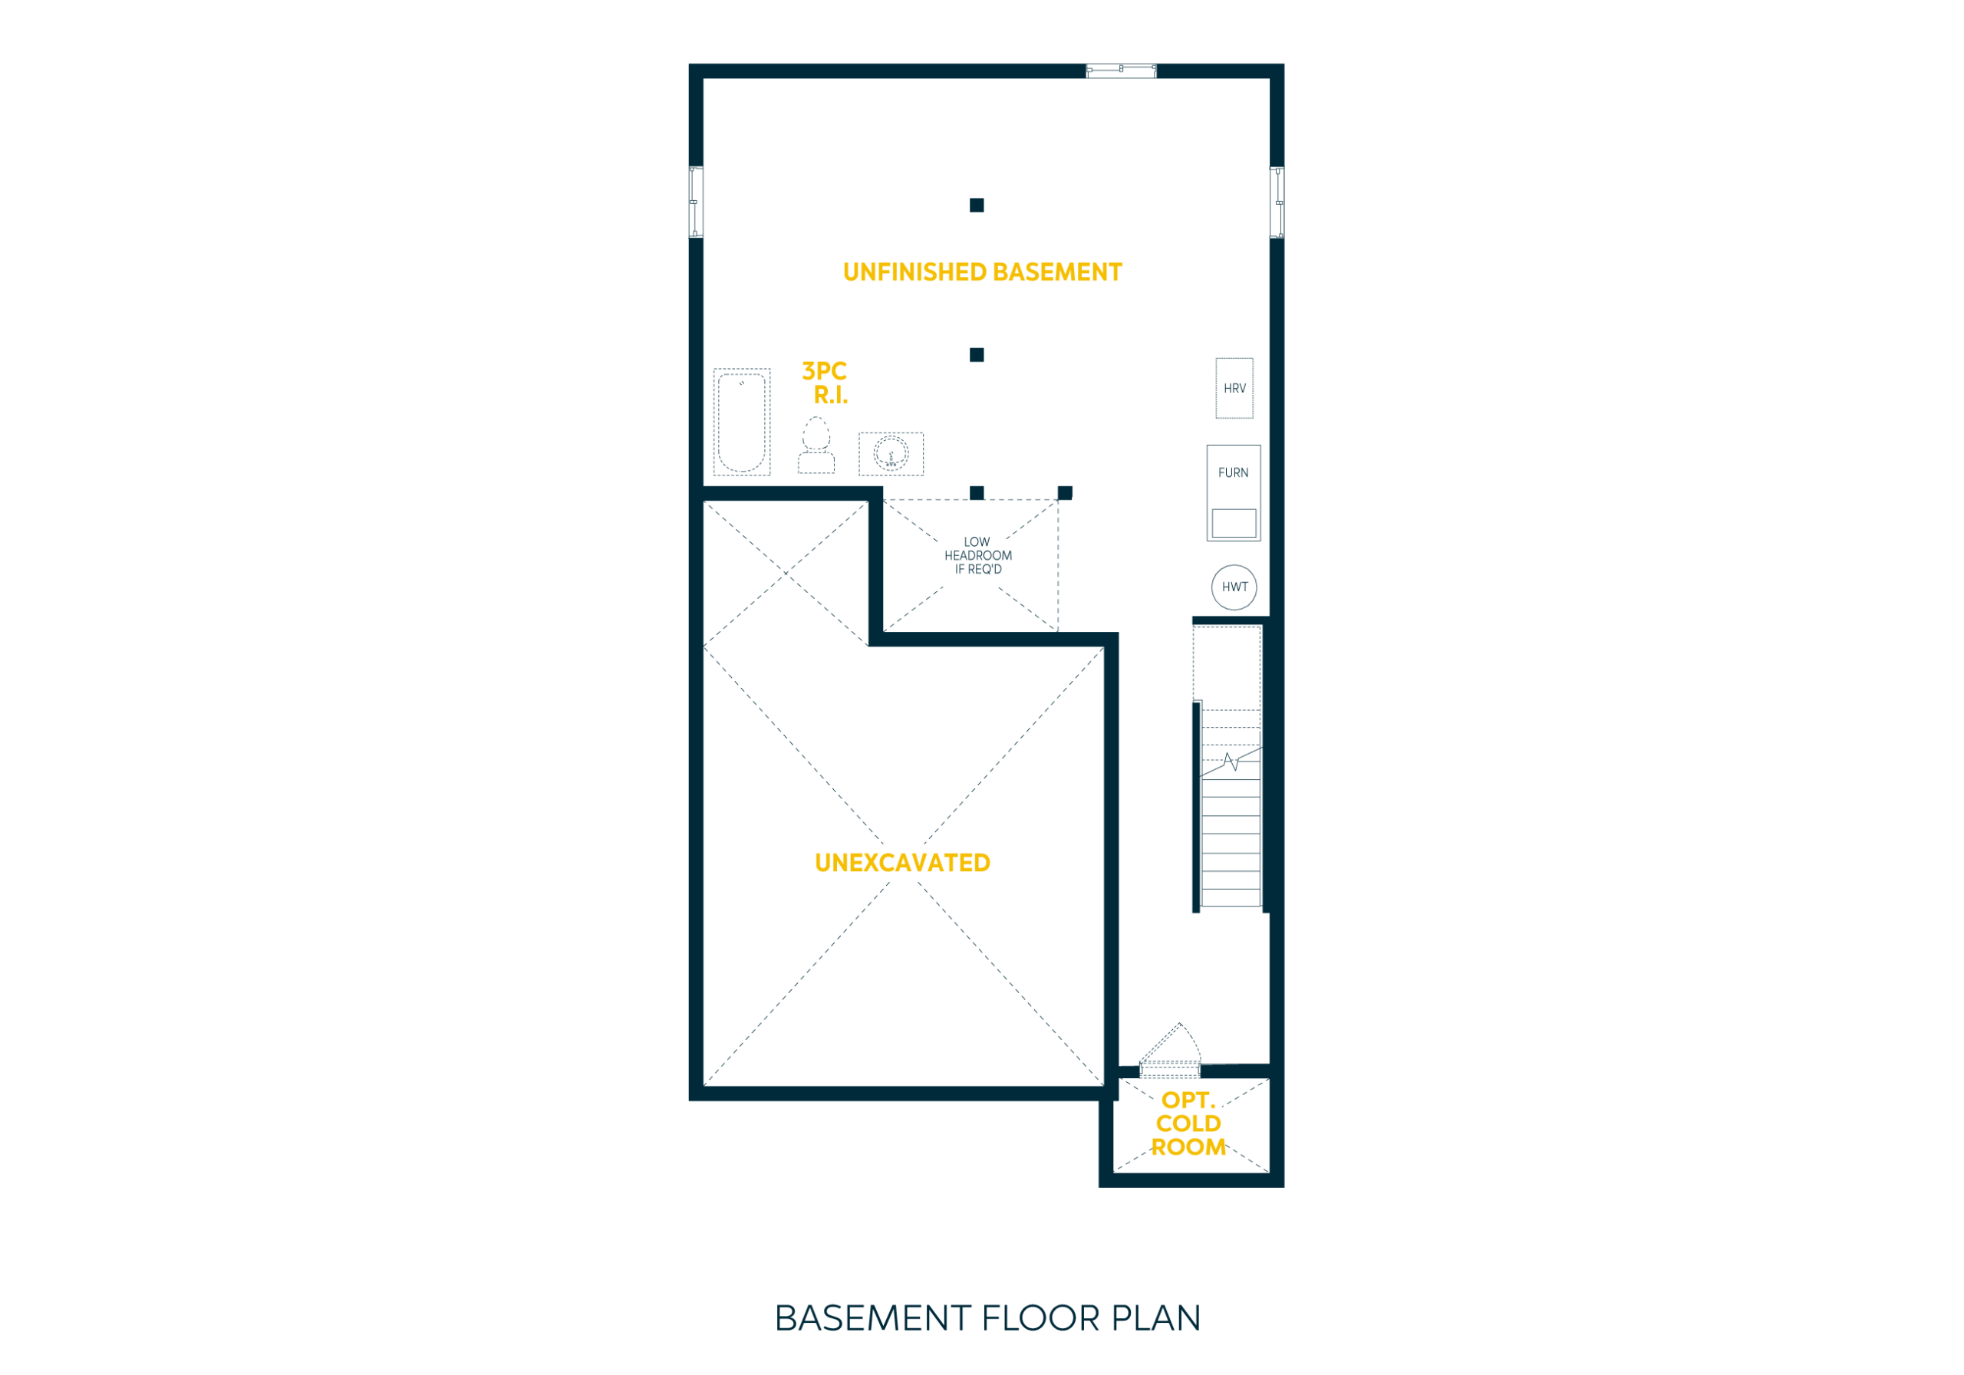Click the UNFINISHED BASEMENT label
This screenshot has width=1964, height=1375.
[x=982, y=272]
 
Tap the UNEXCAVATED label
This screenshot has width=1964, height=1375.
[x=902, y=863]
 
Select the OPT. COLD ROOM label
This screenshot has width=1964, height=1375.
[x=1189, y=1123]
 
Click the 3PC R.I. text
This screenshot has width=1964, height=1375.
[x=825, y=383]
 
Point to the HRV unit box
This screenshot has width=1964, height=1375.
[x=1234, y=388]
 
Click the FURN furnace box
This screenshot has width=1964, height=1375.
[x=1234, y=492]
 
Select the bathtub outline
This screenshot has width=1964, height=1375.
[x=742, y=423]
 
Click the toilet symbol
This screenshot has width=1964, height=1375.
[x=816, y=445]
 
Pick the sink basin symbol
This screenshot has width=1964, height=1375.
[x=891, y=454]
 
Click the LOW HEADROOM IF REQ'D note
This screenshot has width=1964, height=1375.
[x=977, y=556]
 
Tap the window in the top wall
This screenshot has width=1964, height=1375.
[x=1122, y=70]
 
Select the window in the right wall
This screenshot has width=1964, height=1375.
[x=1277, y=202]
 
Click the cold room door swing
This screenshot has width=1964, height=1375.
[x=1170, y=1046]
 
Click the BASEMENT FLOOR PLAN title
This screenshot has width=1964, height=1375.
[x=988, y=1318]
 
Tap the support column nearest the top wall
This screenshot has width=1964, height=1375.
[x=977, y=206]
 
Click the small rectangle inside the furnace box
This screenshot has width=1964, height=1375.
[x=1234, y=523]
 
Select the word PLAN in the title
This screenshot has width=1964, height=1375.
[x=1155, y=1318]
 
